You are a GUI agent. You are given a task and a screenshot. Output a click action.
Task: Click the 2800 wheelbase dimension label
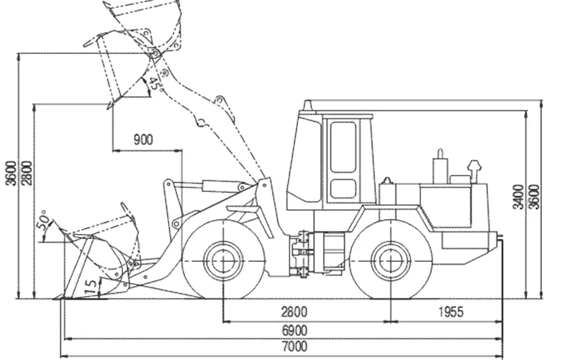click(294, 312)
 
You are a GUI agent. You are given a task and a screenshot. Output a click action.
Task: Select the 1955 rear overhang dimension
click(451, 312)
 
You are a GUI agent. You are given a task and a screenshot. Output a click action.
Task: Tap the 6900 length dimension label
click(294, 331)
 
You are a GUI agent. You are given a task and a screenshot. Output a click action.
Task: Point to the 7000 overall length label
click(294, 346)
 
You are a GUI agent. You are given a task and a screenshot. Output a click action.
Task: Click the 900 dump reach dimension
click(144, 139)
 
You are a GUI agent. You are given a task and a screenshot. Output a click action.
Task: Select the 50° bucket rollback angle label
click(43, 221)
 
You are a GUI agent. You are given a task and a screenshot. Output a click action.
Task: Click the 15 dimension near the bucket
click(92, 286)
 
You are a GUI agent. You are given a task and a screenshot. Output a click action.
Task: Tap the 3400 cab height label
click(519, 197)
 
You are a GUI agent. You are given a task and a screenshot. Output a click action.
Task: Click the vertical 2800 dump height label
click(26, 173)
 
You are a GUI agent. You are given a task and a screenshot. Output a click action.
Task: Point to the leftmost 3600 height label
click(11, 173)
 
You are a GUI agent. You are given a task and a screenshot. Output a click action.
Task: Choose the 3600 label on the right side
click(534, 197)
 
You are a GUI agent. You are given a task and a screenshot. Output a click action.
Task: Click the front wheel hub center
click(223, 261)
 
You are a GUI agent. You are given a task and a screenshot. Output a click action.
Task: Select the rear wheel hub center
click(390, 261)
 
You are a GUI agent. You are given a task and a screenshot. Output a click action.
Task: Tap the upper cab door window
click(343, 147)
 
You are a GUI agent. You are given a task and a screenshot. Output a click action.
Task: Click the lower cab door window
click(343, 189)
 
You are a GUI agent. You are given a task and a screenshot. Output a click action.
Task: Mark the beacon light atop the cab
click(308, 105)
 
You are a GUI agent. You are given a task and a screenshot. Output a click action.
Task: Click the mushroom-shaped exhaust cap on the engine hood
click(474, 171)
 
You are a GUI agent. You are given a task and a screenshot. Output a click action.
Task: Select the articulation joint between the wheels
click(300, 253)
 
